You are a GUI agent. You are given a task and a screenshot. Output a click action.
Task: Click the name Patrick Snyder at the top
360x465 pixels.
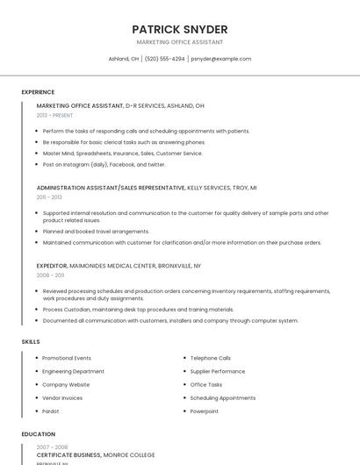[x=179, y=29]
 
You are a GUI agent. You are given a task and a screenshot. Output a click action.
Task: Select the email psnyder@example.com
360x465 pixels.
[x=221, y=59]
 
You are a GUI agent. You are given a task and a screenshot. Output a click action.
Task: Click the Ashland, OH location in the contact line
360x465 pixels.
[x=124, y=59]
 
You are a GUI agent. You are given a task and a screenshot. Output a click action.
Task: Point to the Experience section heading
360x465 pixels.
[x=38, y=92]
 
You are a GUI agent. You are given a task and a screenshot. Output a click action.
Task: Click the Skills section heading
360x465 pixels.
[x=31, y=340]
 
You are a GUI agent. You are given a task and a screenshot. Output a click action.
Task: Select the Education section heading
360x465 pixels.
[x=39, y=434]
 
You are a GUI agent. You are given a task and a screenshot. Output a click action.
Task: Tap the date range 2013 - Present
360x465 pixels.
[x=54, y=115]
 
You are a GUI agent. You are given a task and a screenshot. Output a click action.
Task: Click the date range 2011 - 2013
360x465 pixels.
[x=49, y=197]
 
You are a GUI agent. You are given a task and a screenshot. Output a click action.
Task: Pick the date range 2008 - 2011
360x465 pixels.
[x=50, y=275]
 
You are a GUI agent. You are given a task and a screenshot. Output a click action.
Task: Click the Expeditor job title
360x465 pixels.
[x=51, y=265]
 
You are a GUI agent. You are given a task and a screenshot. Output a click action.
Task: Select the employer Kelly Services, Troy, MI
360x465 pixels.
[x=222, y=188]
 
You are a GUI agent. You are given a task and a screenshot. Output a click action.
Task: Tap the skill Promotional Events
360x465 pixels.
[x=67, y=358]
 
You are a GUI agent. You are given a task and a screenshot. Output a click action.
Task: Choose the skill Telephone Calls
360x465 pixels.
[x=211, y=358]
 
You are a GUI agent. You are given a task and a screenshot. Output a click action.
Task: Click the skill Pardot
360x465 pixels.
[x=51, y=411]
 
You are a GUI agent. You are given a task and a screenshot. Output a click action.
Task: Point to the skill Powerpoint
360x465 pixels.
[x=205, y=411]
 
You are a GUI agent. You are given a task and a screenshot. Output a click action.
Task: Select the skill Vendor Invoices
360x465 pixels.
[x=62, y=397]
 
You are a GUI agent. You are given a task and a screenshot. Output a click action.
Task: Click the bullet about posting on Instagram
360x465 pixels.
[x=104, y=164]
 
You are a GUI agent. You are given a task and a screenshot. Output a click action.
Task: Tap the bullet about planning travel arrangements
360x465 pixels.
[x=96, y=232]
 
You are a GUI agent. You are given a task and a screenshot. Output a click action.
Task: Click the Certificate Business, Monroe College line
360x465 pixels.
[x=96, y=455]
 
